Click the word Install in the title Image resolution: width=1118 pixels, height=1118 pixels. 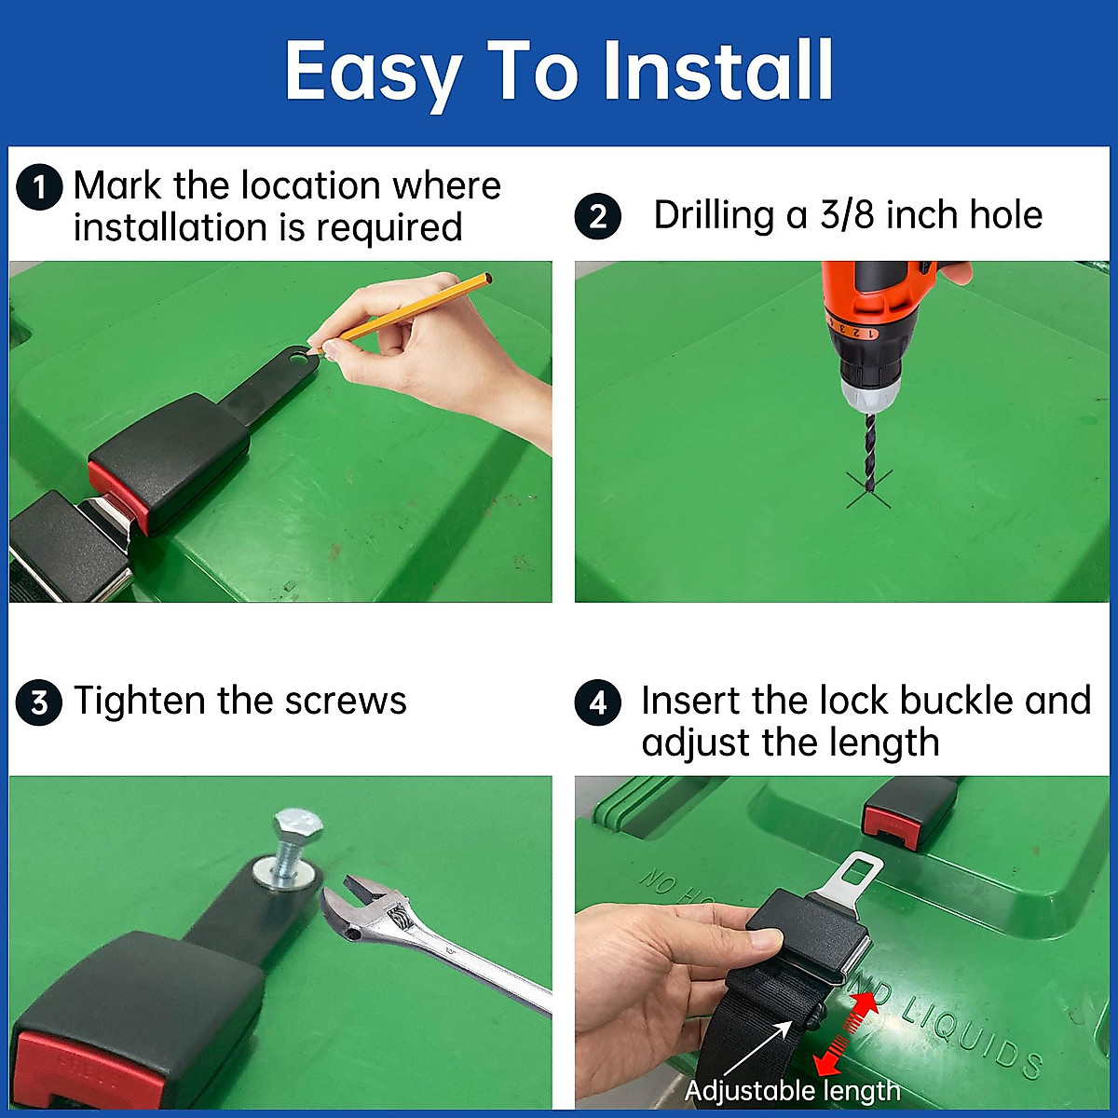717,72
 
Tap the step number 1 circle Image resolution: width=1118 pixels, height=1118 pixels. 39,187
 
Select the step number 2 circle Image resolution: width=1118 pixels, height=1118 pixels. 597,216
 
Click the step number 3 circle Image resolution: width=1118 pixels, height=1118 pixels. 39,702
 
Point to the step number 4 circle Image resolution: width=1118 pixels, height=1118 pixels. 597,702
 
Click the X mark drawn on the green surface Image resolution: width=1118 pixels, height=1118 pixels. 868,490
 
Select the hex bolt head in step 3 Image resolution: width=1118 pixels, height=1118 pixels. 297,825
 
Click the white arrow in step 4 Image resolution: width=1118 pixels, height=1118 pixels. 757,1050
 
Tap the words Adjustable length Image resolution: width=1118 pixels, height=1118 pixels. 792,1091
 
